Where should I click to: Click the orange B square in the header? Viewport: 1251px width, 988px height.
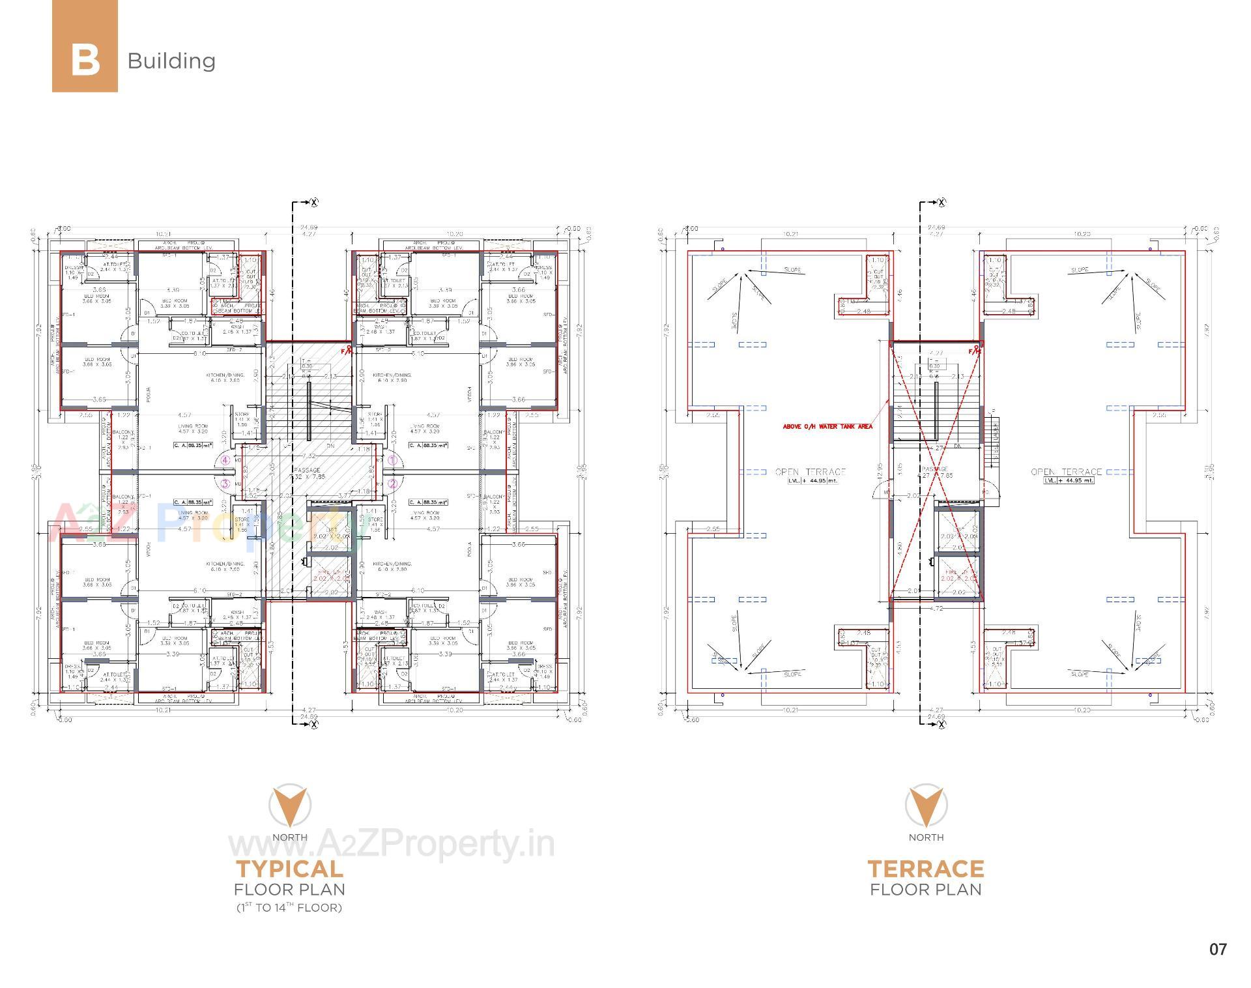pyautogui.click(x=85, y=46)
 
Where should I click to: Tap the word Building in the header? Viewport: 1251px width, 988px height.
pyautogui.click(x=171, y=61)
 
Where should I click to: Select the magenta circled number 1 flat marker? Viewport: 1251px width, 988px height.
pyautogui.click(x=392, y=460)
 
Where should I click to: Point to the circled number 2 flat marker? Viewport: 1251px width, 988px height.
pyautogui.click(x=392, y=484)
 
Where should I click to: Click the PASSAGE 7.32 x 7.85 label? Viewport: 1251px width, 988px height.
pyautogui.click(x=307, y=473)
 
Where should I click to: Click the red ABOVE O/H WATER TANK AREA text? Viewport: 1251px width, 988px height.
pyautogui.click(x=827, y=427)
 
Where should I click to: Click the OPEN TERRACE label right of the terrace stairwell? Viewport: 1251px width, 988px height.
pyautogui.click(x=1066, y=472)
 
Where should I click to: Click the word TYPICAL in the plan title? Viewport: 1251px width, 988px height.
pyautogui.click(x=289, y=869)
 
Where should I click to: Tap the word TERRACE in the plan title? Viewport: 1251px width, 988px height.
pyautogui.click(x=925, y=869)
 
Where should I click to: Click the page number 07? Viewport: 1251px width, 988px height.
pyautogui.click(x=1218, y=949)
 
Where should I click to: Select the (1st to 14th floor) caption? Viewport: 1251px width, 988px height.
pyautogui.click(x=289, y=907)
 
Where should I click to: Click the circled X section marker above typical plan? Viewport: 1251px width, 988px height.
pyautogui.click(x=314, y=203)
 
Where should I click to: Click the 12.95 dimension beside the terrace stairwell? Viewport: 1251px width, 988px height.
pyautogui.click(x=881, y=472)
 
